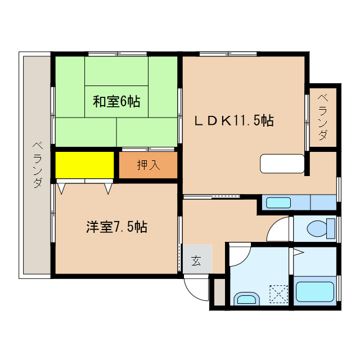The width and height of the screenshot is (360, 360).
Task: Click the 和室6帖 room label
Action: pyautogui.click(x=116, y=102)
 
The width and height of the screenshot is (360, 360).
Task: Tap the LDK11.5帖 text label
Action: pyautogui.click(x=234, y=120)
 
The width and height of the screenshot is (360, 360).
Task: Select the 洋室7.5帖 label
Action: pyautogui.click(x=116, y=227)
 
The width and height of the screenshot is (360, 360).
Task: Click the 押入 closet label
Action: pyautogui.click(x=148, y=165)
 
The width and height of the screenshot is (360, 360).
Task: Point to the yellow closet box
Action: pyautogui.click(x=84, y=165)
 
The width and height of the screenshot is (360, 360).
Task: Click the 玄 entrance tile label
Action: pyautogui.click(x=196, y=260)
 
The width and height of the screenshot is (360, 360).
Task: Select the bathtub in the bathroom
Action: pyautogui.click(x=314, y=291)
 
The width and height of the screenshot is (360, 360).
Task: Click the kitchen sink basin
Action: pyautogui.click(x=278, y=202)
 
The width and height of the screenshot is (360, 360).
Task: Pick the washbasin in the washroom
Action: pyautogui.click(x=246, y=299)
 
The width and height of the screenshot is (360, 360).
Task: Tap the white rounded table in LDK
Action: pyautogui.click(x=282, y=164)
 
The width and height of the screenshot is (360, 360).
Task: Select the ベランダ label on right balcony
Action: pyautogui.click(x=323, y=119)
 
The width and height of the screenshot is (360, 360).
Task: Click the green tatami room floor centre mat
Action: pyautogui.click(x=116, y=102)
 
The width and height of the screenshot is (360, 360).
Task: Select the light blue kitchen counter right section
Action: pyautogui.click(x=323, y=202)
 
